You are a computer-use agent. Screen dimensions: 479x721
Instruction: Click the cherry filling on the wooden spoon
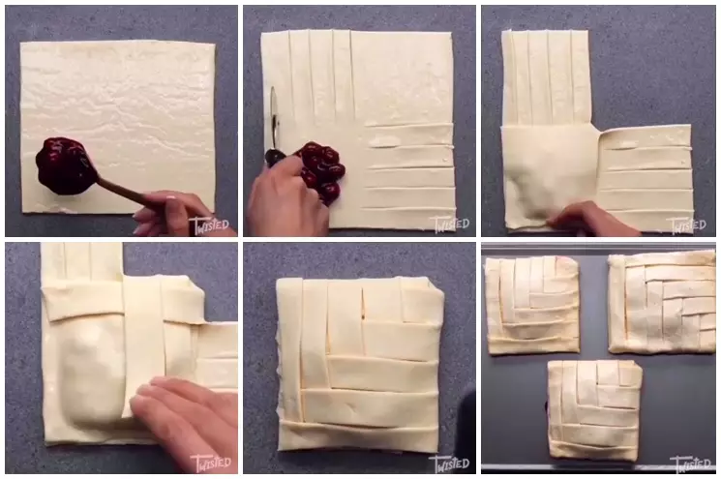pyautogui.click(x=64, y=165)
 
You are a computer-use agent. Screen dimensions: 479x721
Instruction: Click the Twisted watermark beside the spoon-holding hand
pyautogui.click(x=210, y=224)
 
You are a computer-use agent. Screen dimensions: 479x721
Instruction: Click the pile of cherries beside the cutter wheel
pyautogui.click(x=320, y=170)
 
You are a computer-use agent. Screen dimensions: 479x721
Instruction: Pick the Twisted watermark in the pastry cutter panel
pyautogui.click(x=448, y=224)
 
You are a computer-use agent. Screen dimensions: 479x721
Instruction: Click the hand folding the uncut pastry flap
pyautogui.click(x=590, y=219)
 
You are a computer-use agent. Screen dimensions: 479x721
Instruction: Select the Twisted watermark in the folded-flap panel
pyautogui.click(x=687, y=224)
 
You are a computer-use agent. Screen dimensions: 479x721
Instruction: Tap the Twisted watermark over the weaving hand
pyautogui.click(x=210, y=463)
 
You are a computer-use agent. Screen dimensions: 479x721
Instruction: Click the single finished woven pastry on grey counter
pyautogui.click(x=358, y=363)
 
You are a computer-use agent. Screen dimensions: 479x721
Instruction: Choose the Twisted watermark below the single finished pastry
pyautogui.click(x=448, y=463)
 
